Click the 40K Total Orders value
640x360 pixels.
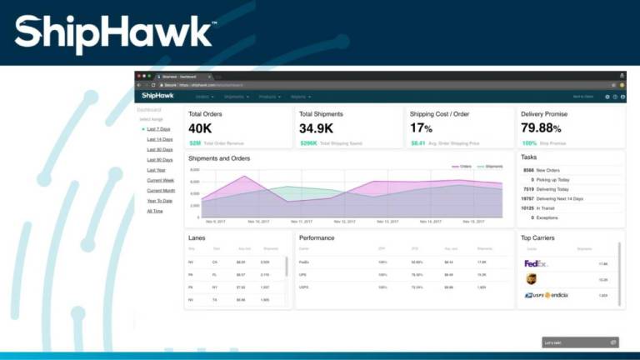pos(201,128)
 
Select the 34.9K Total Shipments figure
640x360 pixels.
pos(317,128)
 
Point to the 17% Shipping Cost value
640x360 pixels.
pos(421,128)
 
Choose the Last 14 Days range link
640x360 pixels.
pos(159,139)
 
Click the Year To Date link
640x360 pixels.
pos(159,200)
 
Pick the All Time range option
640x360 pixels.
pos(155,211)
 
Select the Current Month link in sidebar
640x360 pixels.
pos(161,190)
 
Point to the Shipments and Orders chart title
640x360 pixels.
pos(219,157)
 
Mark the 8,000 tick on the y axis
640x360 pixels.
pos(194,170)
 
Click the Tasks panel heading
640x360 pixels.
pos(528,157)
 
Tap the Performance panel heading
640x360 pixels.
pos(317,237)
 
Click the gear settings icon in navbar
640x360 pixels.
pos(607,97)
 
